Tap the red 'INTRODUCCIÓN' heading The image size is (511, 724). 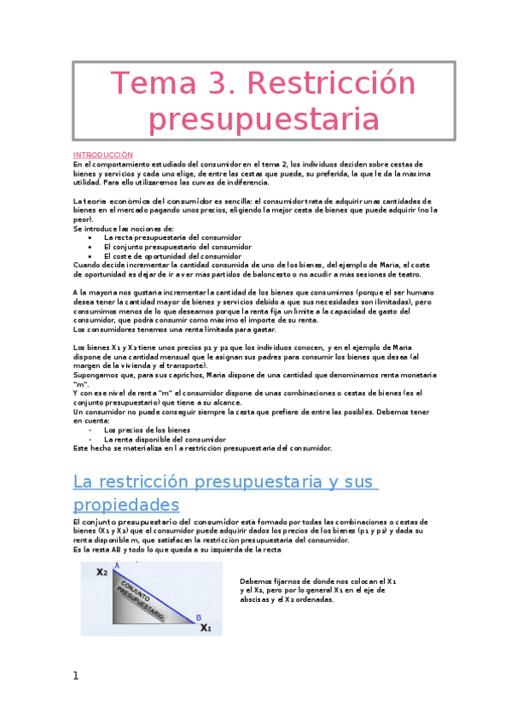(x=102, y=155)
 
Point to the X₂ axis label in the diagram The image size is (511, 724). (x=102, y=572)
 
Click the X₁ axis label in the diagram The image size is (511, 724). (x=206, y=628)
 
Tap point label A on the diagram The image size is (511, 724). (x=116, y=564)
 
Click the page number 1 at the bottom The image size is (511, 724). (x=75, y=676)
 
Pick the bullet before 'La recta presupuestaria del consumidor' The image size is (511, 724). (x=91, y=237)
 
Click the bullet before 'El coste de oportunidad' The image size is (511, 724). (x=91, y=255)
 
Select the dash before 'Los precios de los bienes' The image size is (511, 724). (x=91, y=429)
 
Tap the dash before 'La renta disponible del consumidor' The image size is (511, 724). (x=91, y=439)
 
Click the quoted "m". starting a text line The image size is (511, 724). (x=81, y=383)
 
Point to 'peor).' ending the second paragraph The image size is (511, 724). (x=83, y=219)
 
